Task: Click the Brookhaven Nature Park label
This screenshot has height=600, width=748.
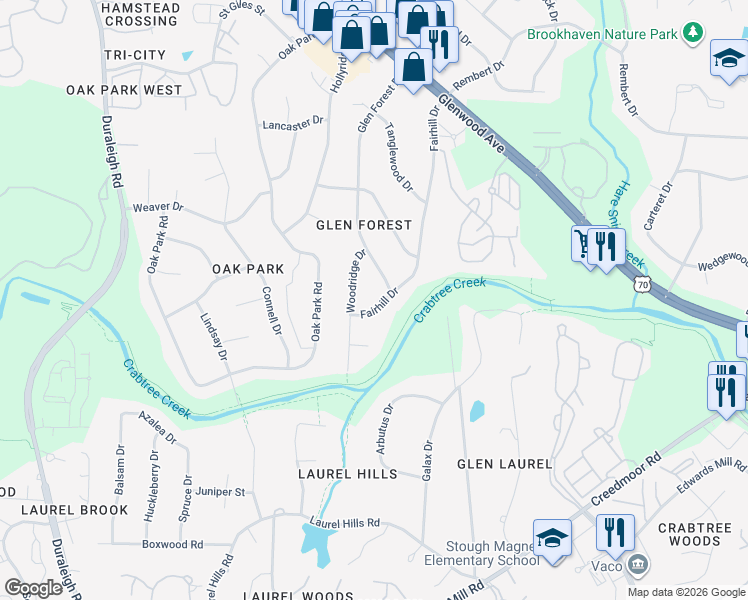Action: point(603,34)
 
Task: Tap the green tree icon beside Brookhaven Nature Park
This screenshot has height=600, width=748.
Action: point(691,34)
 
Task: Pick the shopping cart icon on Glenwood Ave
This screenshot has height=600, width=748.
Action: point(582,243)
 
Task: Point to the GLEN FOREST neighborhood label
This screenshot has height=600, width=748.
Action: point(363,225)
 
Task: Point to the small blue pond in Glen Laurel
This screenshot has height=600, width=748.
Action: point(476,411)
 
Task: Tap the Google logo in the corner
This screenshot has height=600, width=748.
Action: point(33,587)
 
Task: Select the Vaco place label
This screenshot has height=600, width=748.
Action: point(603,567)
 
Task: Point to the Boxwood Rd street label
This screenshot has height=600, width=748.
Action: point(172,545)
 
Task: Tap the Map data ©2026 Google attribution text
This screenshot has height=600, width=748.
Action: point(685,592)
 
